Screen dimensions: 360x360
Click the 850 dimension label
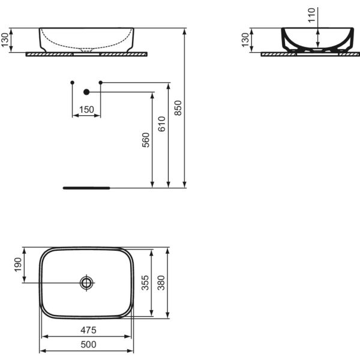pos(178,108)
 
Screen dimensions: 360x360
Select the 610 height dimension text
pos(162,124)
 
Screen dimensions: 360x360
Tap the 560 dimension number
pos(146,140)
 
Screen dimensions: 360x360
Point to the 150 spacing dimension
pos(86,110)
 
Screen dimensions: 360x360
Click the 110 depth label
pos(311,15)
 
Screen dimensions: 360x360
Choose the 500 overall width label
pos(88,344)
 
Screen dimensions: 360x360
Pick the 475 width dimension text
pos(88,331)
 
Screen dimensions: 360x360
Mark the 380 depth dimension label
pos(161,283)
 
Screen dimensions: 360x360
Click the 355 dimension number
pos(145,283)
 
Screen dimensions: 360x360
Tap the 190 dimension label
pos(18,265)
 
